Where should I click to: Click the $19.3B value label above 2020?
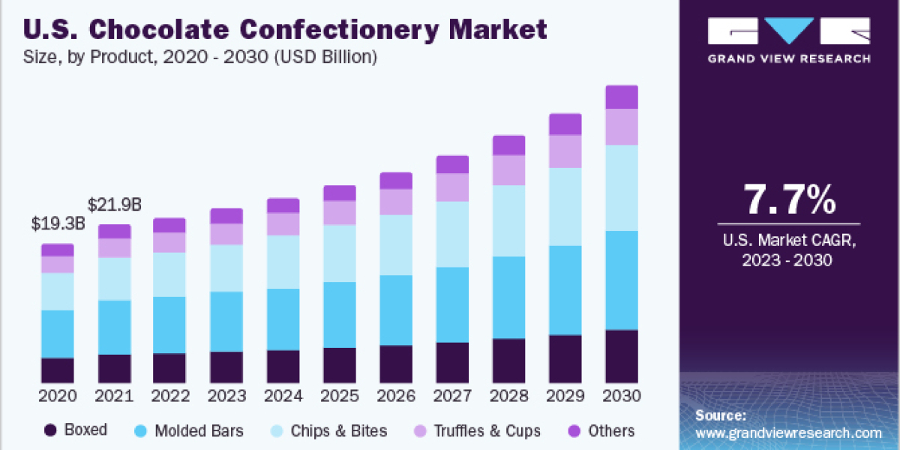(x=58, y=224)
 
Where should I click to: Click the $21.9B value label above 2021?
(x=115, y=204)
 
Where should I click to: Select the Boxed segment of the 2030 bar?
(x=622, y=356)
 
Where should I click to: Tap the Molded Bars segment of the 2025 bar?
(x=340, y=315)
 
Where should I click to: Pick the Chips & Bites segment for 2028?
(x=509, y=220)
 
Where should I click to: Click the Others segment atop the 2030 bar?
(x=622, y=97)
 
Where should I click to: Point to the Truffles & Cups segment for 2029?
(x=565, y=151)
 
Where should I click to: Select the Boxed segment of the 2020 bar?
(x=58, y=370)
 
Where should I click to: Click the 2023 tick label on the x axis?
(x=226, y=396)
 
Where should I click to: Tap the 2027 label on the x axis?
(x=452, y=396)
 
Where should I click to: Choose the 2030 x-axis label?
(x=622, y=396)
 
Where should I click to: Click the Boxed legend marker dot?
(x=51, y=430)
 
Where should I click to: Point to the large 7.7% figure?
(x=789, y=200)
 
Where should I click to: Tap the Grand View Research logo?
(x=789, y=41)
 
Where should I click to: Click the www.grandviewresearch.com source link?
(x=788, y=433)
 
